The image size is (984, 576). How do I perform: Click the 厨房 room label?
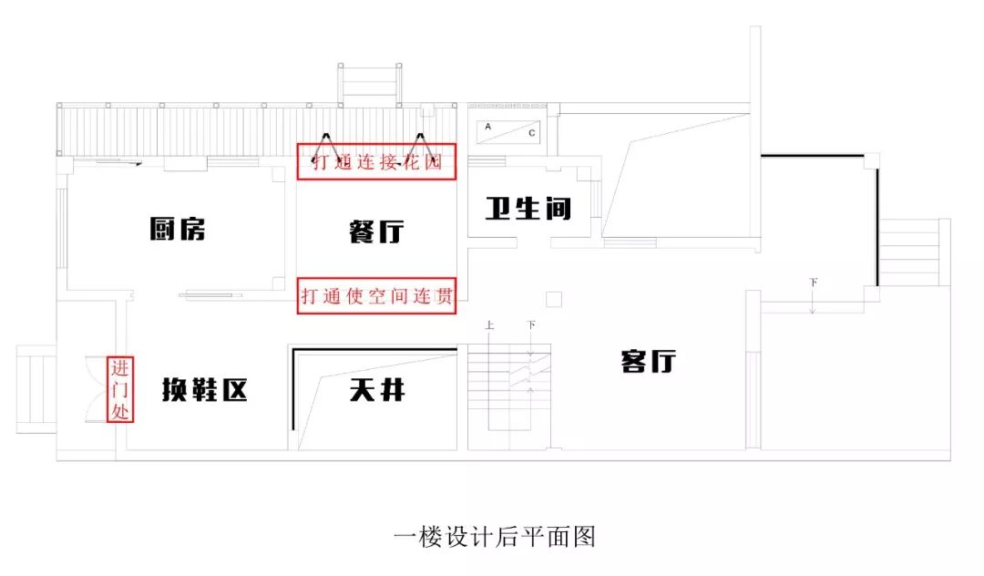tap(178, 229)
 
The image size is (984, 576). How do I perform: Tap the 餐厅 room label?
tap(376, 231)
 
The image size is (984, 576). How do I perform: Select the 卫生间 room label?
tap(528, 209)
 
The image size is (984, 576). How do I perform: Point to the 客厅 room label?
tap(648, 361)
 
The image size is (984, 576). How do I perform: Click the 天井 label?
tap(376, 390)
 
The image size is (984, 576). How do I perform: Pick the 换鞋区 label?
tap(204, 390)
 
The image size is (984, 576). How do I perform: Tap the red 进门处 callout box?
tap(121, 390)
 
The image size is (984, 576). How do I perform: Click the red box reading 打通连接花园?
tap(376, 163)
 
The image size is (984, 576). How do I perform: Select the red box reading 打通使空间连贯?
tap(376, 296)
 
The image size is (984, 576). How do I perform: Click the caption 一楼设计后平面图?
tap(495, 537)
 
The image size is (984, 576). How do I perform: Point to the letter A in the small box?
tap(487, 127)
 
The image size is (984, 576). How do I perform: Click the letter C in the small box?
tap(532, 132)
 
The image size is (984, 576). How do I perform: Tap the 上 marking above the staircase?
tap(489, 324)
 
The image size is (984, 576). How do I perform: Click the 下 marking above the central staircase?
tap(531, 324)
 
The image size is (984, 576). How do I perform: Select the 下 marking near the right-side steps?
tap(813, 283)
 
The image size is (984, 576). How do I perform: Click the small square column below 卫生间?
tap(554, 299)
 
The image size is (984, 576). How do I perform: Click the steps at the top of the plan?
tap(371, 83)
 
